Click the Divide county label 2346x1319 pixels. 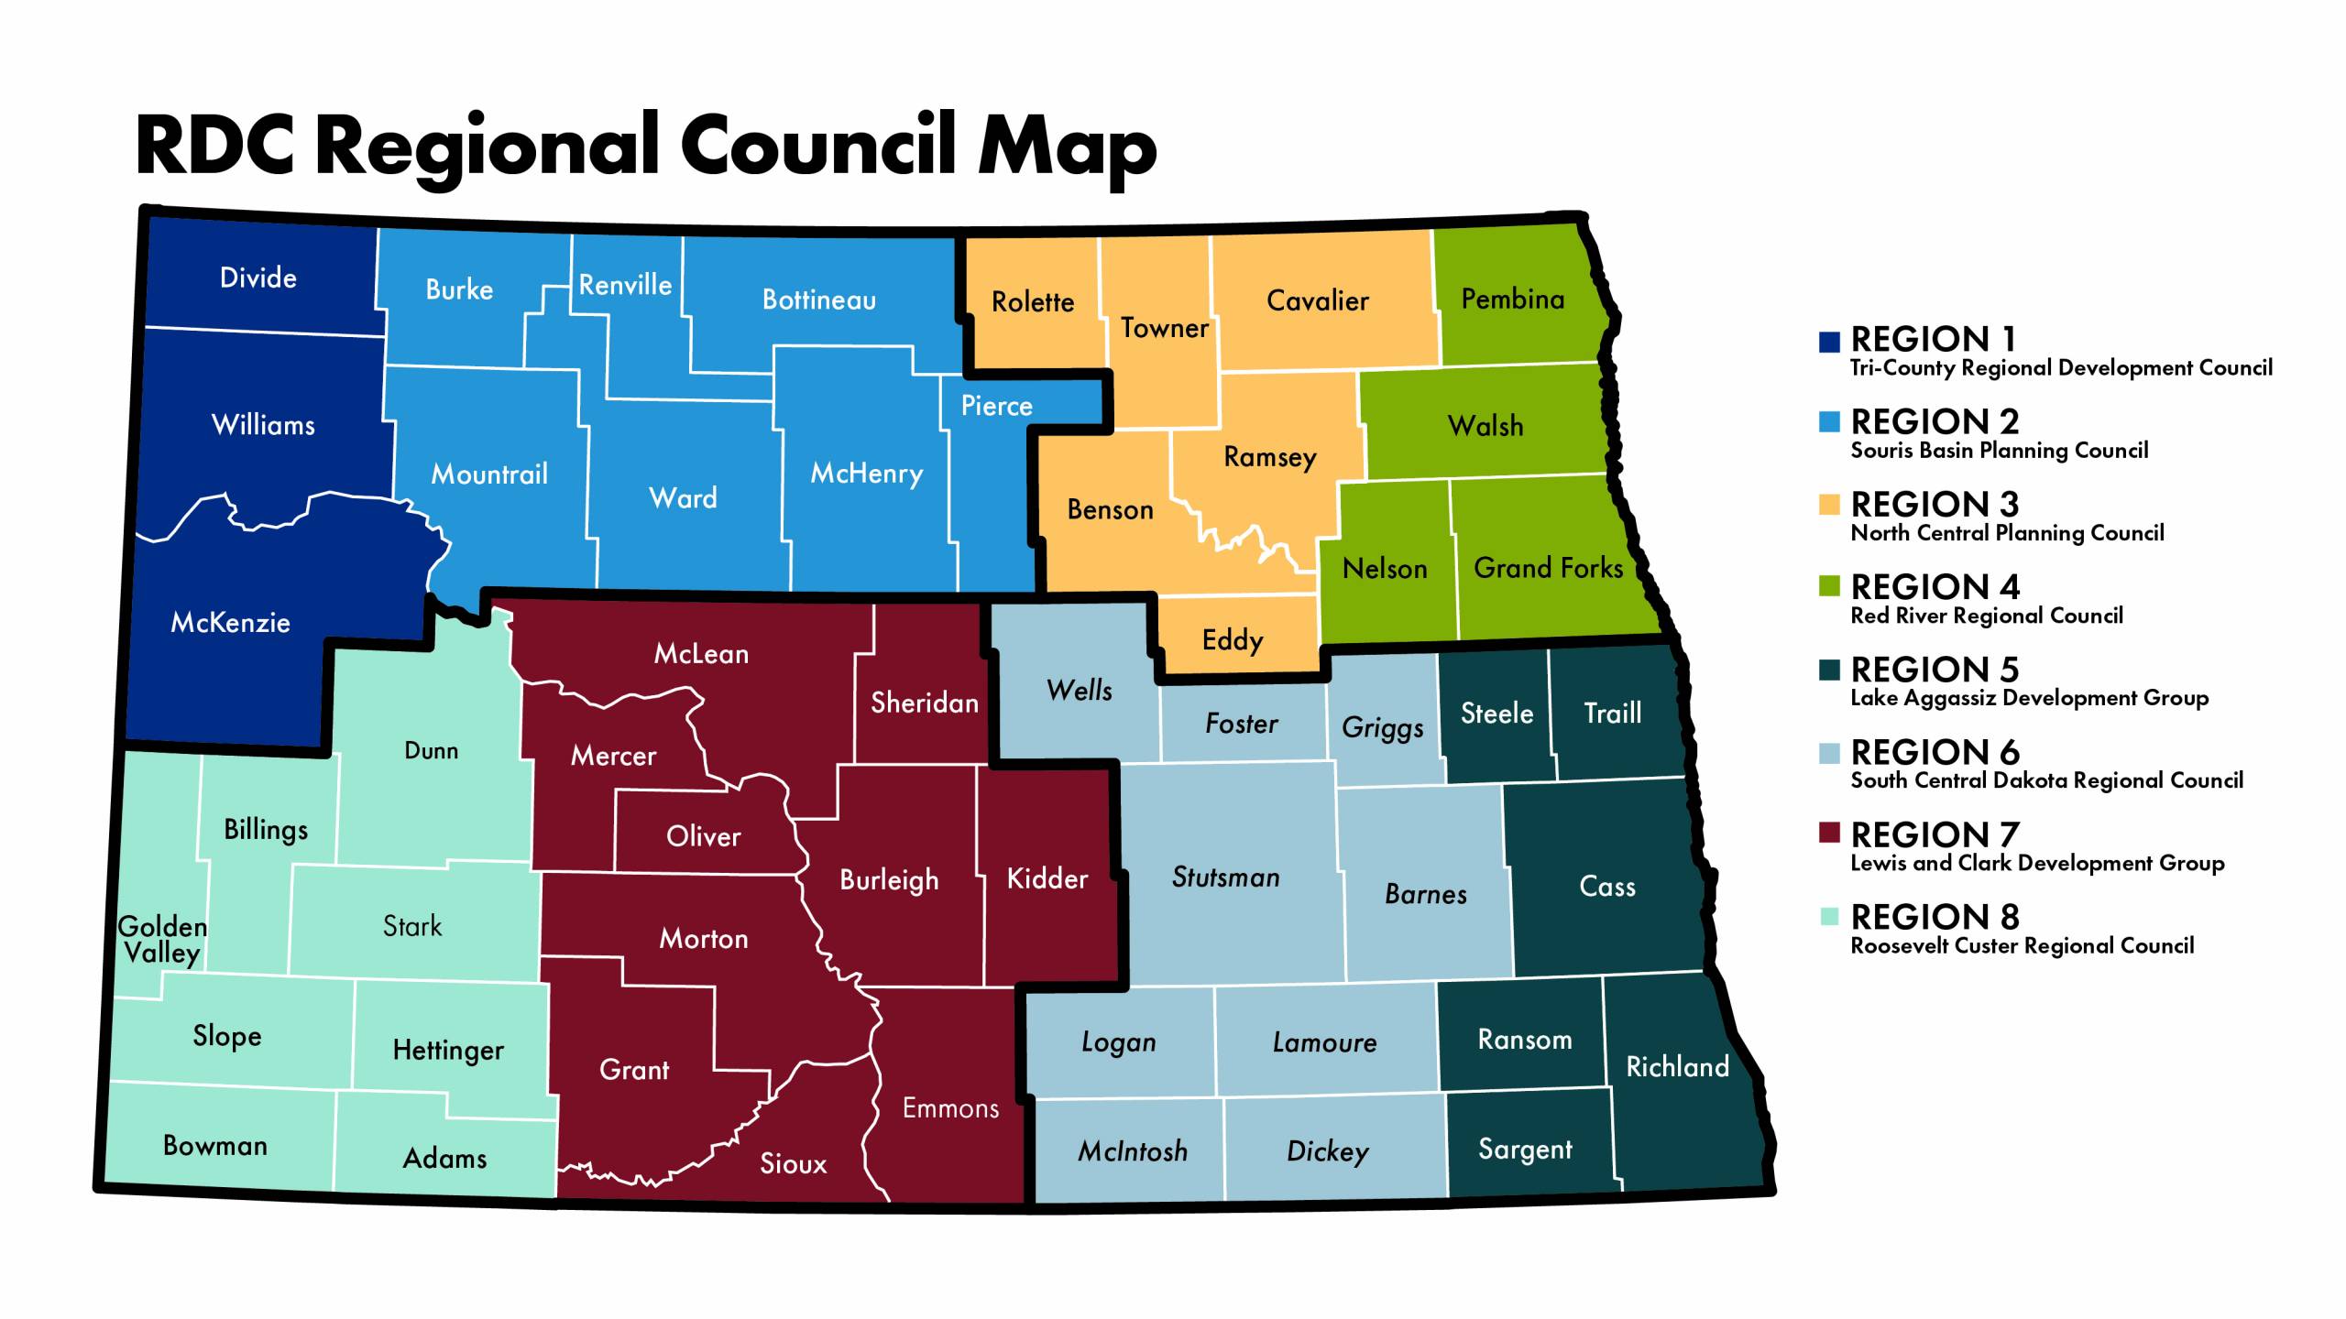258,278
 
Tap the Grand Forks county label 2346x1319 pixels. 1548,569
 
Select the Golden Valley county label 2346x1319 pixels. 163,940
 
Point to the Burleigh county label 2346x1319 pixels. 889,880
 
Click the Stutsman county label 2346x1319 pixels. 1225,878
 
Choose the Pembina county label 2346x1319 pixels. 1512,300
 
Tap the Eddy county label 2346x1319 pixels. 1233,640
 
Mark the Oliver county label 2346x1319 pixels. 703,836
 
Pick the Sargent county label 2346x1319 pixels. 1525,1150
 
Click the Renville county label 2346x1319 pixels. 625,286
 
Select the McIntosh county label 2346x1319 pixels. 1133,1151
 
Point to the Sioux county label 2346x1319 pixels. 793,1164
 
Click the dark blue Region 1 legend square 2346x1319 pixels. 1829,342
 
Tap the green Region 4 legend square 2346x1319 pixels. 1829,586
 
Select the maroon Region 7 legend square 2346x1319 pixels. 1829,834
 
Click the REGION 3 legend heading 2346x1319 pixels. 1935,505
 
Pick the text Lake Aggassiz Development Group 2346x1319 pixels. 2029,698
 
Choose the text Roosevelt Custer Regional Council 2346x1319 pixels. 2022,946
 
